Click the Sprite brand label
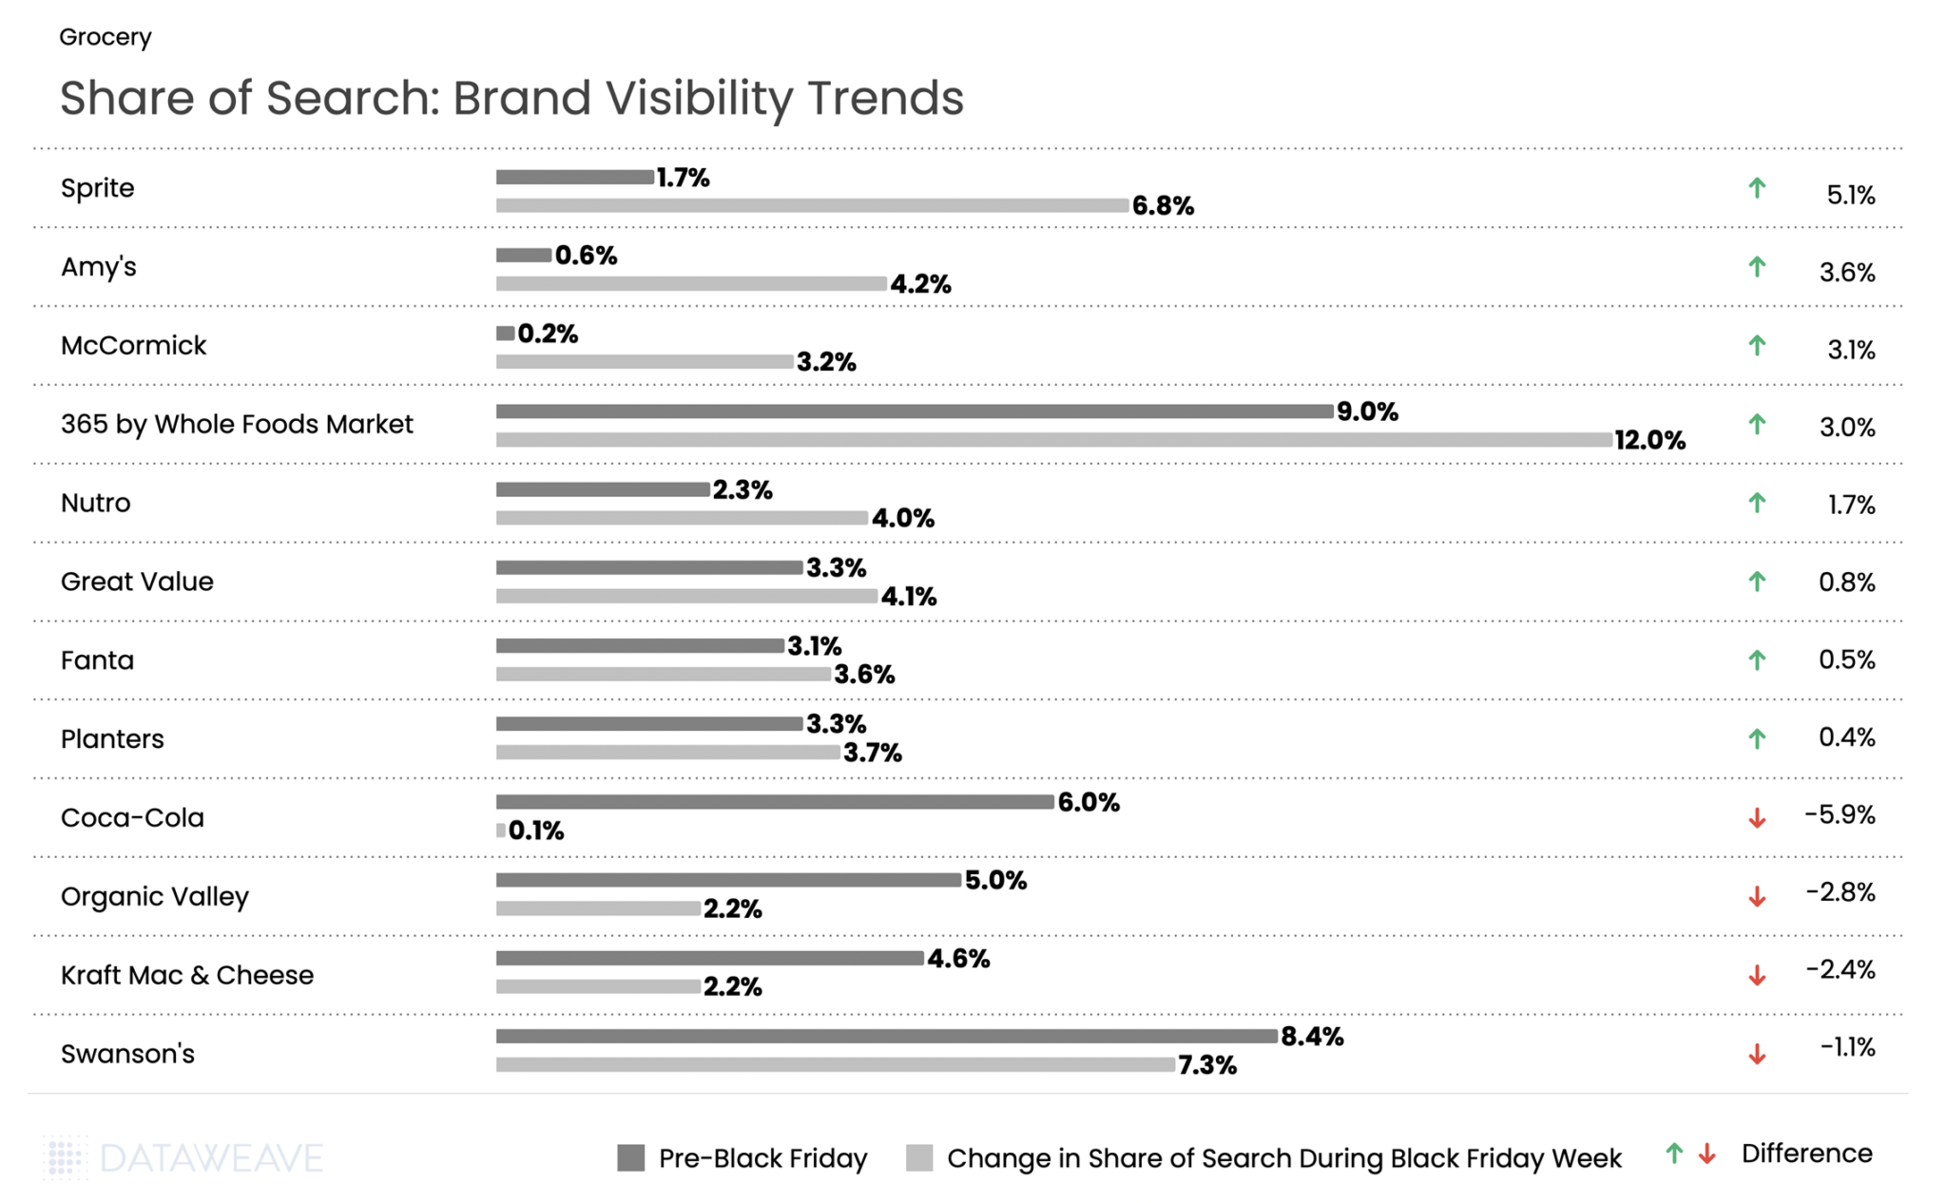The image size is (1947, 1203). (97, 188)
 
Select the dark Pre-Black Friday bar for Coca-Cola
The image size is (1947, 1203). (774, 802)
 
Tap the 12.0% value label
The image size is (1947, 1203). (1649, 440)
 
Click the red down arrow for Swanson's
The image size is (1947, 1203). (1757, 1054)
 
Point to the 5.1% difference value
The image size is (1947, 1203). (1850, 195)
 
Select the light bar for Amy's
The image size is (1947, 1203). (691, 283)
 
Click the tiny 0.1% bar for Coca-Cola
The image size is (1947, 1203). (501, 831)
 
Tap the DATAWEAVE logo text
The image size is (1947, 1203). (211, 1158)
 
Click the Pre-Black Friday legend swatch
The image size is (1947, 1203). (630, 1157)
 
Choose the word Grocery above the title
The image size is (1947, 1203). (105, 37)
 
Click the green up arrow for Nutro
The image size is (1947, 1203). (1757, 503)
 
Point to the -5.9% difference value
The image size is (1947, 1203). (1840, 814)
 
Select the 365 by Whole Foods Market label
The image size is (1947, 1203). (237, 424)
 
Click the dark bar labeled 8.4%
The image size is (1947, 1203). (886, 1036)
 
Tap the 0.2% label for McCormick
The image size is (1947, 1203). (548, 334)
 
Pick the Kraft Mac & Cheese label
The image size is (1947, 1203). (186, 975)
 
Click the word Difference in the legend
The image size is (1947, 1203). (1806, 1154)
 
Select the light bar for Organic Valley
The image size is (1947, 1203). (598, 908)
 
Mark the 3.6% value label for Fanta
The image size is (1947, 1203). (864, 675)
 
